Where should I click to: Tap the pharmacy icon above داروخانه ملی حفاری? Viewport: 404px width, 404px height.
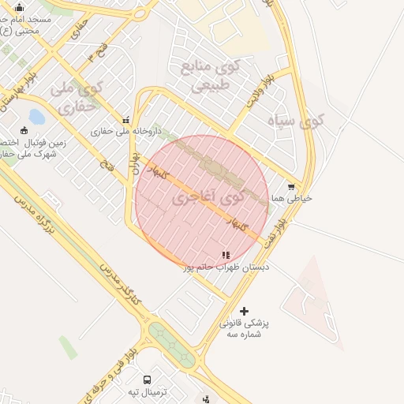[125, 121]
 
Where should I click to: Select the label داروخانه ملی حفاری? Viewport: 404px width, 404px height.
[125, 131]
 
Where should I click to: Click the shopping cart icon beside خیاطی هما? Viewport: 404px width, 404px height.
[292, 187]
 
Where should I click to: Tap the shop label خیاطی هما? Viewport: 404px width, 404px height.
[291, 198]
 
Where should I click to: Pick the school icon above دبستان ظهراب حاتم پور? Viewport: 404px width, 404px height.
[226, 256]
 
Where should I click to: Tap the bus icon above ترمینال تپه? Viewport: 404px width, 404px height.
[147, 380]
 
